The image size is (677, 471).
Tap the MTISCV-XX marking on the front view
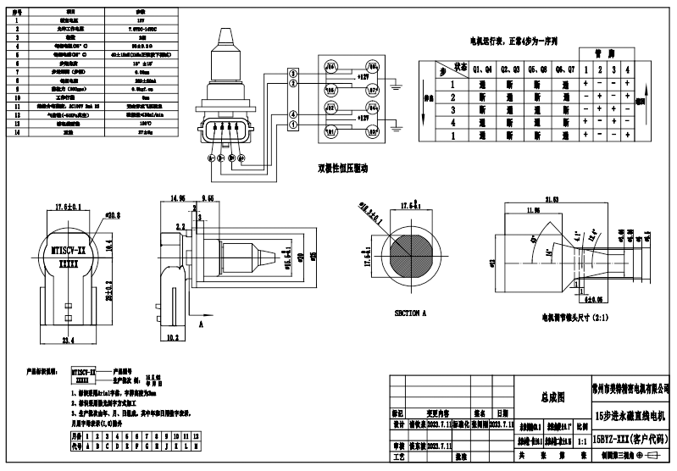point(67,252)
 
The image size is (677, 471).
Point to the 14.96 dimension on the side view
point(176,198)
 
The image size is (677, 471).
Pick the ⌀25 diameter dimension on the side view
point(289,255)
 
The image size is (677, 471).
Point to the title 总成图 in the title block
point(552,396)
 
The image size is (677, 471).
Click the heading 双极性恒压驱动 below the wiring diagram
point(342,167)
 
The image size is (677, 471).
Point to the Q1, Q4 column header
point(482,69)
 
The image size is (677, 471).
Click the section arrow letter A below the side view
point(201,324)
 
